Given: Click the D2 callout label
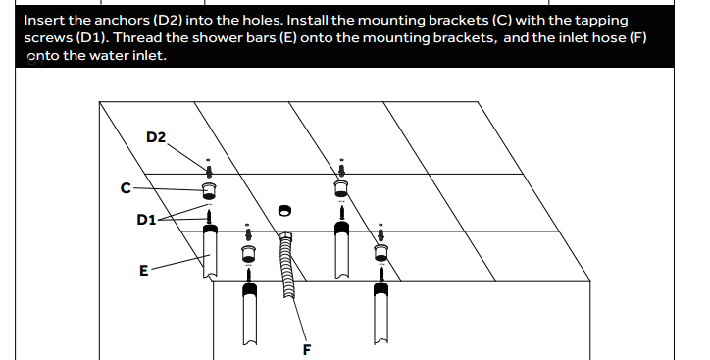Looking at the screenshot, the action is (156, 136).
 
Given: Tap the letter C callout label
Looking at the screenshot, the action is (126, 187).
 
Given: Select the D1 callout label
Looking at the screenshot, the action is (146, 220).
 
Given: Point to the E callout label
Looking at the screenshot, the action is (143, 271).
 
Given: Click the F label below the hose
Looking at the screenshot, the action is (307, 349).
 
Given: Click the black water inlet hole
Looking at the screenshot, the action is (284, 210).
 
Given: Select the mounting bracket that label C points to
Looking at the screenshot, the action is (209, 190).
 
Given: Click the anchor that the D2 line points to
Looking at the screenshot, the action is (209, 171).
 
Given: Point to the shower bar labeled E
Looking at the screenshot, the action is (210, 251).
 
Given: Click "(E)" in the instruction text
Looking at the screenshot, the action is (288, 37).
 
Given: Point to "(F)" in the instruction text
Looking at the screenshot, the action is (638, 37).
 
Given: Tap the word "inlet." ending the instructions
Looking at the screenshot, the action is (151, 55).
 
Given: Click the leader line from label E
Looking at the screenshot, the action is (180, 263).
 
